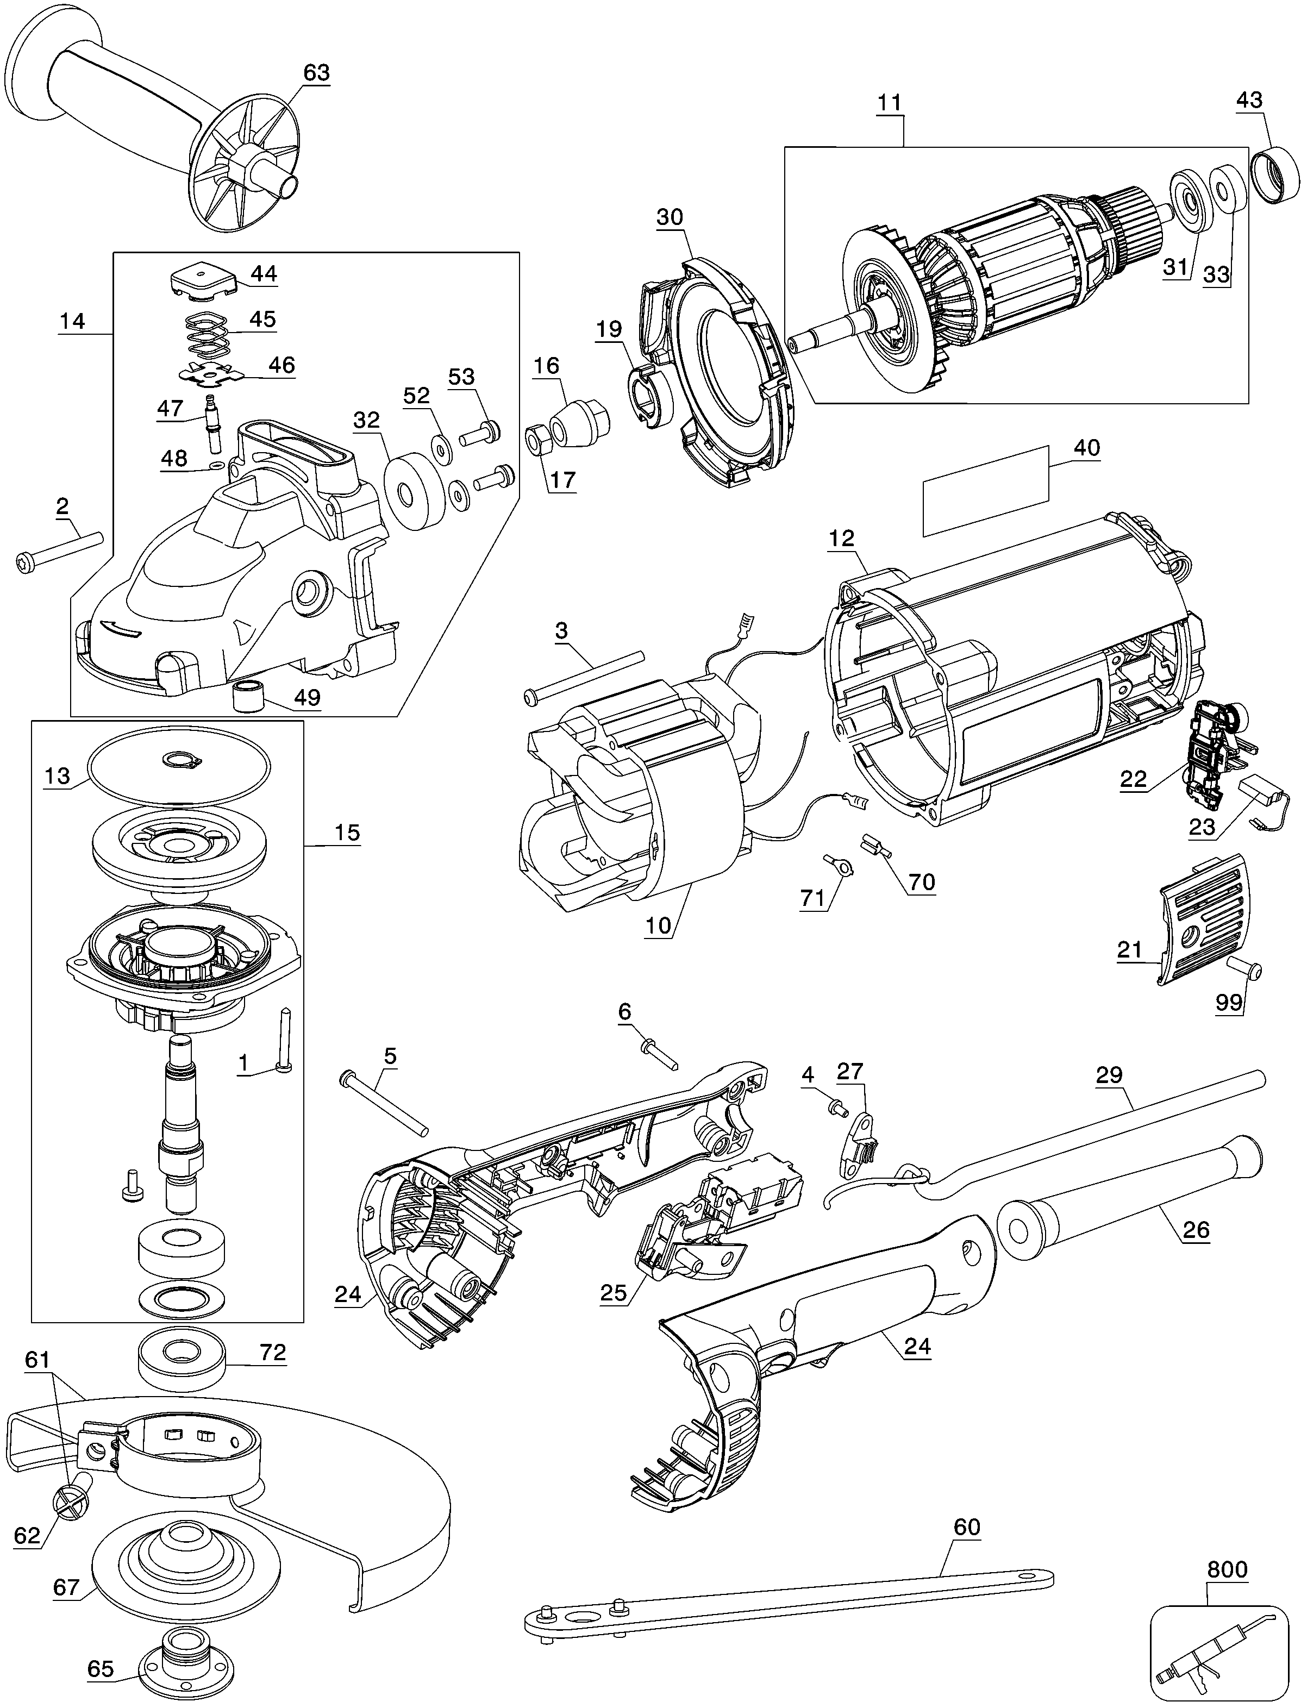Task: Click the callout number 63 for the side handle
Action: (316, 73)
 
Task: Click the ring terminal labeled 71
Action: (840, 864)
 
